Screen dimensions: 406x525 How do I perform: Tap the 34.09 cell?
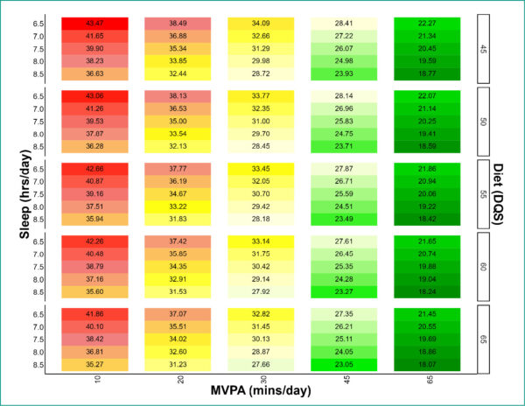[x=260, y=22]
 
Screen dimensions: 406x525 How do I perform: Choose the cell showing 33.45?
[x=260, y=167]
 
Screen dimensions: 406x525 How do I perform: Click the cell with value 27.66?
[x=260, y=364]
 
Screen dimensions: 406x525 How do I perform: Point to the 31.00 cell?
[x=260, y=120]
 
